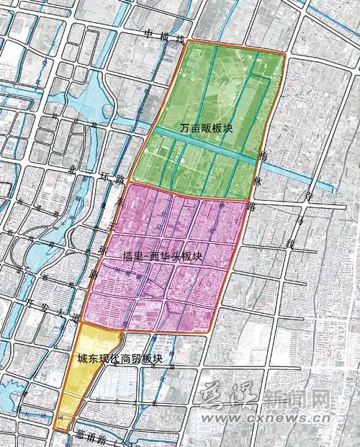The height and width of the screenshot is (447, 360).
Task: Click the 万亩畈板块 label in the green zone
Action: click(207, 129)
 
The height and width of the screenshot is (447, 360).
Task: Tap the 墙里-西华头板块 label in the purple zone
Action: click(161, 256)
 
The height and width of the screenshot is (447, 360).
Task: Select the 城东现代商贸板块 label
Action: click(120, 358)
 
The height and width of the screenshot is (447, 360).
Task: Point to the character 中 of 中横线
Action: click(149, 33)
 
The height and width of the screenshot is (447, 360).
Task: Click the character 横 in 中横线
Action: click(165, 37)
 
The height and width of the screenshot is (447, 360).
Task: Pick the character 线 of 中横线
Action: click(180, 40)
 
